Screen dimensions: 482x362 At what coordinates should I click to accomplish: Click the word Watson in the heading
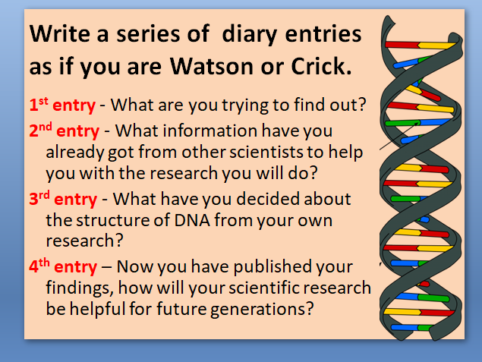212,66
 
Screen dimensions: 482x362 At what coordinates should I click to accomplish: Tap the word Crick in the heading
318,65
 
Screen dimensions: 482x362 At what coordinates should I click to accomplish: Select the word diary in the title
249,34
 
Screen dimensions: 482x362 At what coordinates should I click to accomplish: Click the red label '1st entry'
62,105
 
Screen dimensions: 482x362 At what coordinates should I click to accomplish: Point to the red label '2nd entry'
65,131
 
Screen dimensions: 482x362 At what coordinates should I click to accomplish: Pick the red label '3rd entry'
63,199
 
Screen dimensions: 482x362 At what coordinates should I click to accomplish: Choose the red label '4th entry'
63,266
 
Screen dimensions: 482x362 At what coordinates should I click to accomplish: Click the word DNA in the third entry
192,220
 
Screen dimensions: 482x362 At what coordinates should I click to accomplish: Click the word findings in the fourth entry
79,288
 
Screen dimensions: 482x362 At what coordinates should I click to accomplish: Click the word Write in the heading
60,34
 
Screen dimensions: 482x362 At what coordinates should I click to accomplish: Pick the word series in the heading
148,34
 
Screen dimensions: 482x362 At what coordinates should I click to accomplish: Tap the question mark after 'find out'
362,105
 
